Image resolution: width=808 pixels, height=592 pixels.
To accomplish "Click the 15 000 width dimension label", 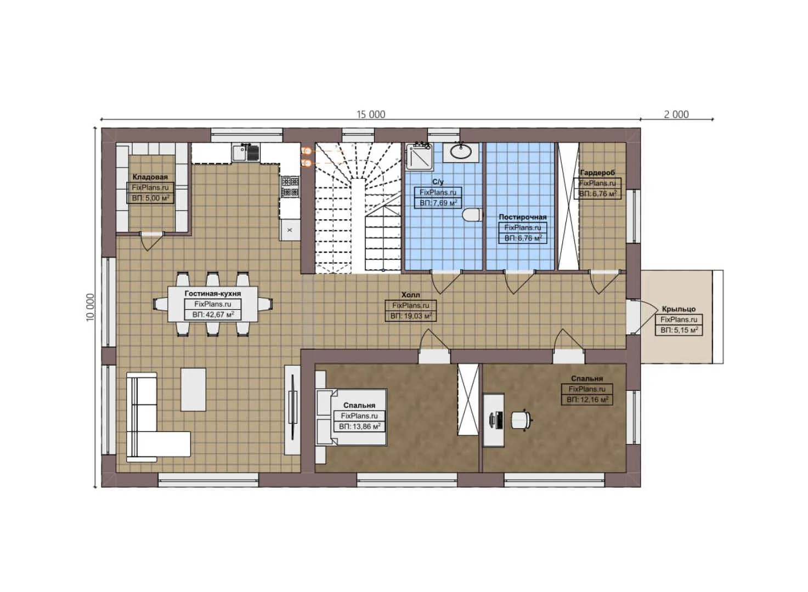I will coord(371,115).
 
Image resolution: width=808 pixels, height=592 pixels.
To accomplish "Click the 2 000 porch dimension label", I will coord(676,115).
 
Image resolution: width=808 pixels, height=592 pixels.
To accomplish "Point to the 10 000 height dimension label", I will coord(91,308).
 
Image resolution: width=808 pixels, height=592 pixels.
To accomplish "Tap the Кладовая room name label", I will coord(150,177).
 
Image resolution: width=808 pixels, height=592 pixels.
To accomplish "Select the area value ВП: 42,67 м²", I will coord(213,315).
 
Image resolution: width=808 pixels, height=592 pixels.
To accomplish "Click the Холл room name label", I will coord(410,295).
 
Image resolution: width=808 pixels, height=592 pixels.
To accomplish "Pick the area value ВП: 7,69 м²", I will coord(438,203).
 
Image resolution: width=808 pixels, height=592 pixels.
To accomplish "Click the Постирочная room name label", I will coord(522,217).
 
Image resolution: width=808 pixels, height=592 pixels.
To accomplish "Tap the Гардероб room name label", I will coord(597,173).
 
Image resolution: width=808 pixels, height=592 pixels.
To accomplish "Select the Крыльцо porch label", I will coord(678,309).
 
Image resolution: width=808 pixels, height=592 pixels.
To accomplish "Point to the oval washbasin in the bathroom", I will coord(460,152).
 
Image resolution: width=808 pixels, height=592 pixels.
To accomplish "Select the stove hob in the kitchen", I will coord(290,186).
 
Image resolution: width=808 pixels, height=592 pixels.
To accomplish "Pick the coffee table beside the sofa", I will coord(194,389).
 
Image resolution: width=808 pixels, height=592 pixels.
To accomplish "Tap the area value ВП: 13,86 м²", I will coord(359,426).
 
